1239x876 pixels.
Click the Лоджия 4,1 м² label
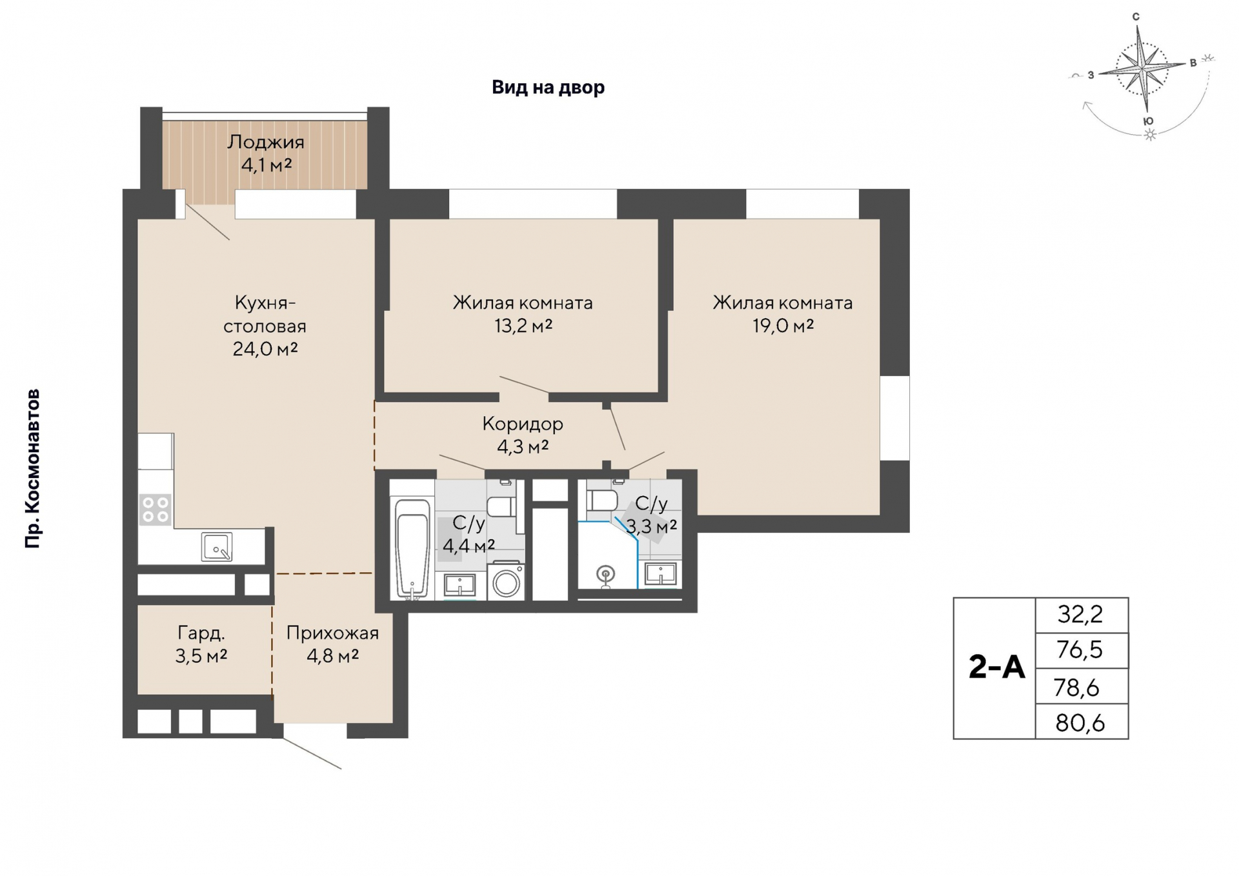click(265, 154)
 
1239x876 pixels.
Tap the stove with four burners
click(156, 509)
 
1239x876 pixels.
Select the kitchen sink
click(217, 546)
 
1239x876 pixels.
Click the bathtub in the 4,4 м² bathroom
click(412, 548)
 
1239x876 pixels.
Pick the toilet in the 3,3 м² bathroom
click(602, 500)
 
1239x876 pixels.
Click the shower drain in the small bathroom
click(605, 573)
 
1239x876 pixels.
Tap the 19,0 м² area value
click(783, 326)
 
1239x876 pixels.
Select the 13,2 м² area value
click(523, 326)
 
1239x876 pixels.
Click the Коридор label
click(523, 424)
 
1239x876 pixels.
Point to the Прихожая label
click(332, 633)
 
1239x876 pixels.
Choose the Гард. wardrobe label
click(201, 633)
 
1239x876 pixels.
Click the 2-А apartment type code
click(996, 668)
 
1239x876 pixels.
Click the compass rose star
click(1143, 68)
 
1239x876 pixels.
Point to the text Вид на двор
click(549, 87)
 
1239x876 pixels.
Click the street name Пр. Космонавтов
click(32, 469)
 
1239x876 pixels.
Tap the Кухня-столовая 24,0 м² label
click(265, 326)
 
